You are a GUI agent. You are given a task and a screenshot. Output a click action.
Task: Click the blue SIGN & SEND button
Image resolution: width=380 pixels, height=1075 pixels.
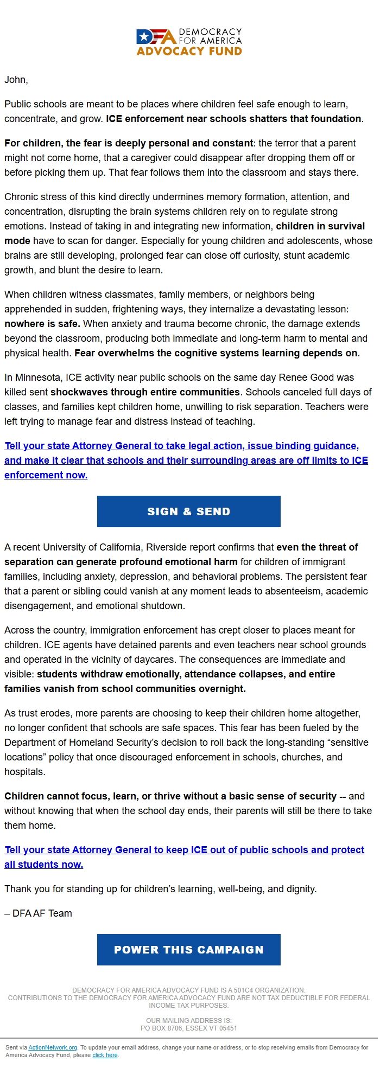pos(188,511)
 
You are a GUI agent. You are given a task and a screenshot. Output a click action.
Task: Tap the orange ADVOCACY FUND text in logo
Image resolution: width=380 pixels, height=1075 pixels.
pos(189,51)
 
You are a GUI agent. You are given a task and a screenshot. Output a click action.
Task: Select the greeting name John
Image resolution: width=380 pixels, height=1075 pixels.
pos(15,80)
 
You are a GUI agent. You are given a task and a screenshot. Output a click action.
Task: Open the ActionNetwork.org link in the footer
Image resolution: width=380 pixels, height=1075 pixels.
pos(53,1047)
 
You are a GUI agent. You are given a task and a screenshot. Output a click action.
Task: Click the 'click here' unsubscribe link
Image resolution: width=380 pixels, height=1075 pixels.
pos(105,1055)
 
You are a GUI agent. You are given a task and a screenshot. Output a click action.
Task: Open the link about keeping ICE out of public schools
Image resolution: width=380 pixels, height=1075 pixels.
pos(184,849)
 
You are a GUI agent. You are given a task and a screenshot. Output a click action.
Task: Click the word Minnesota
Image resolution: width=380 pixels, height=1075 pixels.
pos(37,377)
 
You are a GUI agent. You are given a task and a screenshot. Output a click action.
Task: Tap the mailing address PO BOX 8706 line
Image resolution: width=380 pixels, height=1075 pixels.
pos(188,1028)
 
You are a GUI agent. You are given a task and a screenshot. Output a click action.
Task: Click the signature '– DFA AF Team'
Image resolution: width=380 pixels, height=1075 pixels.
pos(38,913)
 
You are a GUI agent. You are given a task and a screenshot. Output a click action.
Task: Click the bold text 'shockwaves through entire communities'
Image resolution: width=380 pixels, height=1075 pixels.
pos(145,392)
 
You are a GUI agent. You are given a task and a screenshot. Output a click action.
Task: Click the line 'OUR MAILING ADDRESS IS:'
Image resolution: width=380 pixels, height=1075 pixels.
pos(188,1020)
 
